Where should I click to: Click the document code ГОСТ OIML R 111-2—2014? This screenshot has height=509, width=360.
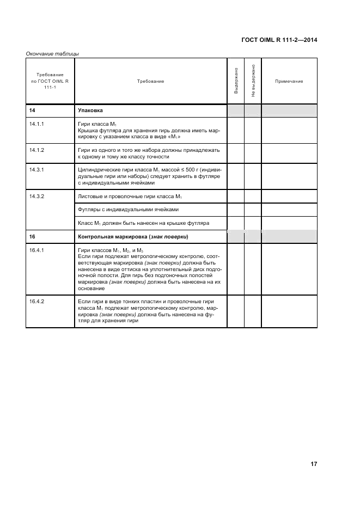coord(279,40)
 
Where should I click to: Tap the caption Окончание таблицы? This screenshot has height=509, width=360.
coord(52,53)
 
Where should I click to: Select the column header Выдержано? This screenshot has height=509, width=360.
coord(236,81)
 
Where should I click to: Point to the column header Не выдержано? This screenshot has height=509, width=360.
coord(253,81)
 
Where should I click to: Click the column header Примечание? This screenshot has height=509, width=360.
coord(289,81)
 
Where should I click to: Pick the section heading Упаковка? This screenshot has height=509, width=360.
coord(90,111)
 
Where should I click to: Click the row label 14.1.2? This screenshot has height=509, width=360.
coord(36,150)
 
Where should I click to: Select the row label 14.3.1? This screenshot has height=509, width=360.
coord(36,170)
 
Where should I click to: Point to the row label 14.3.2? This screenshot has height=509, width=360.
coord(36,195)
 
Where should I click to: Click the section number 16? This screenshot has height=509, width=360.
coord(32,237)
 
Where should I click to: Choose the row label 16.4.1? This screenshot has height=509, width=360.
coord(36,250)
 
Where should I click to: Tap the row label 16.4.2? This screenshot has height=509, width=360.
coord(36,302)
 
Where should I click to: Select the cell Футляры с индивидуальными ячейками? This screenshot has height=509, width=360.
coord(128,210)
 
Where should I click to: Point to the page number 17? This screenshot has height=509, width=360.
coord(314,464)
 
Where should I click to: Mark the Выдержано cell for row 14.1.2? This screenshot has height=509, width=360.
coord(236,153)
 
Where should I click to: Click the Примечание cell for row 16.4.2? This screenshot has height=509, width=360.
coord(289,311)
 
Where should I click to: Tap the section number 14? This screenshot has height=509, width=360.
coord(32,111)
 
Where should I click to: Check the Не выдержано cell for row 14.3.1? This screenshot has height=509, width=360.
coord(253,176)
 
